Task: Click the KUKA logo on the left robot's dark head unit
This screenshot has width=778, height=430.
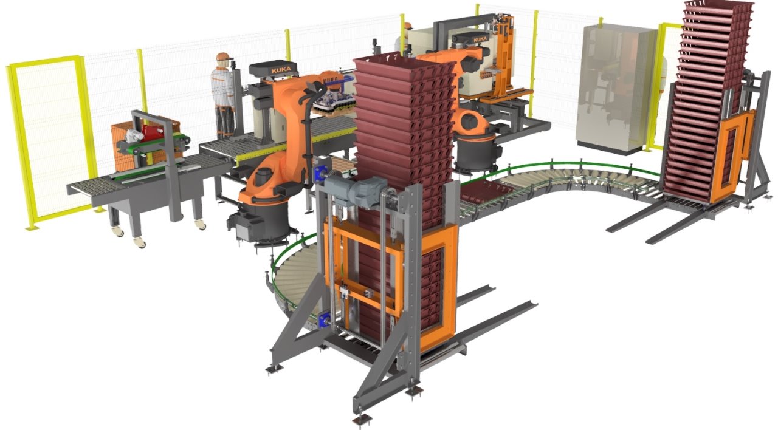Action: coord(281,70)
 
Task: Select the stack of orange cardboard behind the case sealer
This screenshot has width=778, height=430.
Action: coord(146,146)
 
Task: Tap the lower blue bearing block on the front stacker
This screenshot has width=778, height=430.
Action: coord(323,319)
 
